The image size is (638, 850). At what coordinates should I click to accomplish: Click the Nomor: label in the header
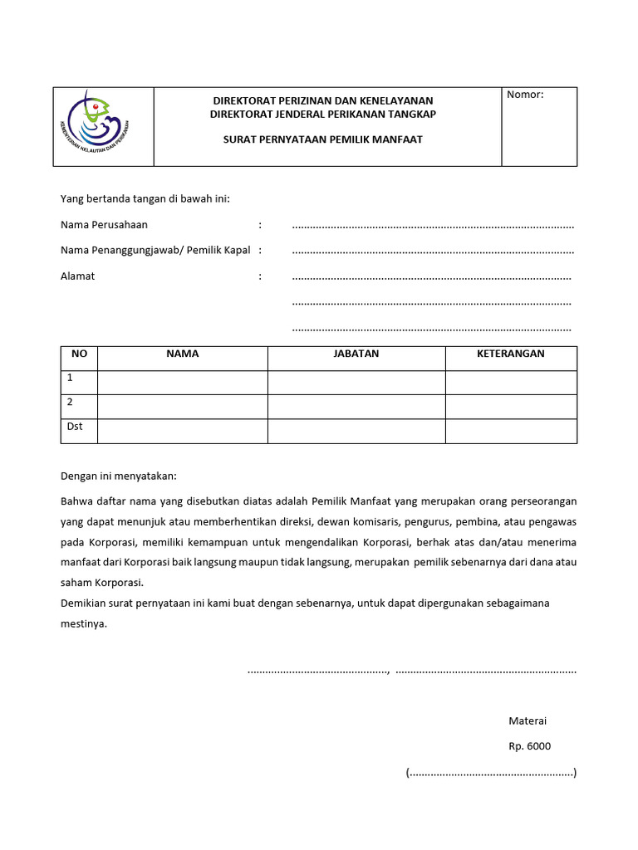(x=525, y=95)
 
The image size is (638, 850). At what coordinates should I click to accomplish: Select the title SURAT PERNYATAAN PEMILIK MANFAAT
(x=323, y=139)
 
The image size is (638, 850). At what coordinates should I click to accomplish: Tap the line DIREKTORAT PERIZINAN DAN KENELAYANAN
(x=323, y=100)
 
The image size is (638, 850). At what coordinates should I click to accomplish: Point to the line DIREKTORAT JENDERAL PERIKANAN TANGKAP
(x=323, y=113)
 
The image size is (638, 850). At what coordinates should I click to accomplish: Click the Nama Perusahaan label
(x=104, y=225)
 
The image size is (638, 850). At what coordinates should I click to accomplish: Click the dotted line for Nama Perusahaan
(x=433, y=226)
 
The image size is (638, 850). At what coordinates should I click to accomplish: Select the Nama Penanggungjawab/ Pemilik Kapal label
(x=155, y=250)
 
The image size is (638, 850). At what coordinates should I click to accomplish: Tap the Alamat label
(x=77, y=276)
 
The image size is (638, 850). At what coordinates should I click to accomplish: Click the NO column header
(x=80, y=354)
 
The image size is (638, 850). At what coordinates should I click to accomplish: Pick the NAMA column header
(x=182, y=354)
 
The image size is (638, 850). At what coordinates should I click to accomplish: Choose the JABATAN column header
(x=356, y=354)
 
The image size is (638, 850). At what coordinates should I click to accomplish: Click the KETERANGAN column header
(x=510, y=354)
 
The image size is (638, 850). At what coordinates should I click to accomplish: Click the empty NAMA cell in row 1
(x=182, y=383)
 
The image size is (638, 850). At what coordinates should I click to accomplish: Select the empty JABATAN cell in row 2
(x=356, y=407)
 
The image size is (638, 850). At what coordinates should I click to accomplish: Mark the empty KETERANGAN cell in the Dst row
(x=510, y=432)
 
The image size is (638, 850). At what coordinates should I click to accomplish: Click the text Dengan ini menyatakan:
(x=119, y=476)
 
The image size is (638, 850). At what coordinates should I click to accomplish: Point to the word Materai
(x=528, y=721)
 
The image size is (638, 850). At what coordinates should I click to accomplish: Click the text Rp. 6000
(x=529, y=746)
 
